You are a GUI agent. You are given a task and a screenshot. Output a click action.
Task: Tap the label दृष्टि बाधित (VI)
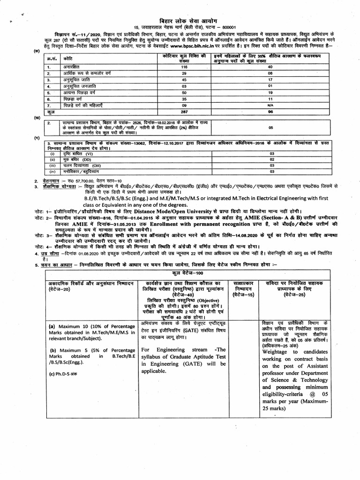pos(80,153)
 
